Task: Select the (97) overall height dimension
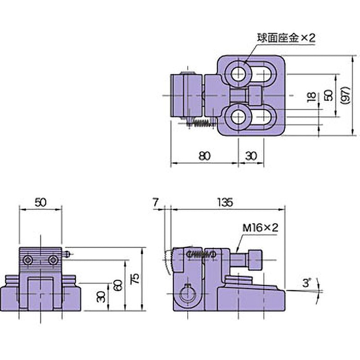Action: coord(344,96)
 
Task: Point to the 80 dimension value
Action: coord(204,156)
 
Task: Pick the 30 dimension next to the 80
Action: coord(251,156)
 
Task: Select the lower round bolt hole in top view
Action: coord(238,118)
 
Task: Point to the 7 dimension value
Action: coord(155,202)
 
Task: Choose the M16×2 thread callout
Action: coord(261,229)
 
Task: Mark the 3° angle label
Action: coord(307,283)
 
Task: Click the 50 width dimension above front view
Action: coord(40,202)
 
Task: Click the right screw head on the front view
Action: coord(53,260)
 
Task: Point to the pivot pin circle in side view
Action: coord(187,294)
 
